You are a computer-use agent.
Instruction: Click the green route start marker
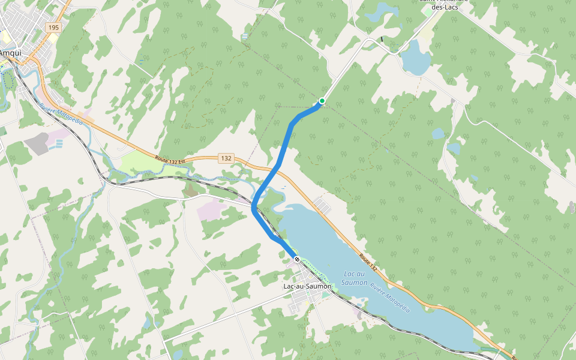[x=322, y=100]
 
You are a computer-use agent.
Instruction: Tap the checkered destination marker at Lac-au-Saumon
[x=297, y=259]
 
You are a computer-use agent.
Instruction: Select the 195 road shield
[x=54, y=28]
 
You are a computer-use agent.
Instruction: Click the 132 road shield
[x=226, y=158]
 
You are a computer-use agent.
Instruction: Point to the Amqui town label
[x=11, y=53]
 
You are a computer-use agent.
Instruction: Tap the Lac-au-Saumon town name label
[x=307, y=286]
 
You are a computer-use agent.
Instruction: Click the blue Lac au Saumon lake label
[x=354, y=278]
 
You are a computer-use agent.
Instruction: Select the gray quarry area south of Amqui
[x=37, y=143]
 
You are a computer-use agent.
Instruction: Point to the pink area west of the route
[x=211, y=210]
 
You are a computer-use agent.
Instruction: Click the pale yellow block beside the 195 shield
[x=53, y=38]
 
